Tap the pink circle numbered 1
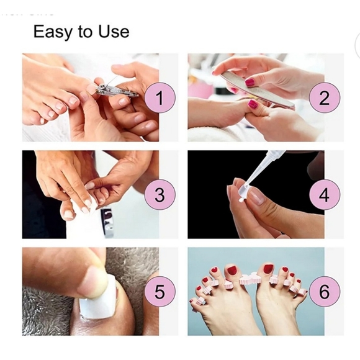pos(160,98)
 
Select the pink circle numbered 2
pos(323,98)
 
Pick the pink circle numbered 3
pos(160,195)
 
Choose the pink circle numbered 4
pos(323,195)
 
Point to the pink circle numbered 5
pos(160,291)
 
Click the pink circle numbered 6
pos(323,291)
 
